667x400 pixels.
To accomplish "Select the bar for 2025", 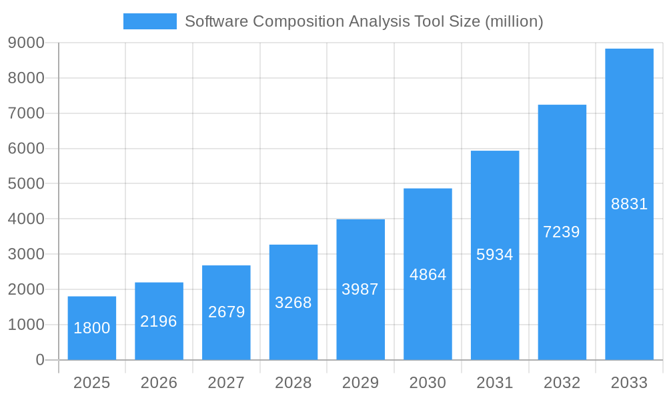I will [92, 328].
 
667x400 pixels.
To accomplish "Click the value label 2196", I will [159, 321].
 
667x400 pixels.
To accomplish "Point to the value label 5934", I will [495, 255].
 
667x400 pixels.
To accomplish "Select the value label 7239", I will [562, 232].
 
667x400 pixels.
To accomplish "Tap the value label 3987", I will [360, 289].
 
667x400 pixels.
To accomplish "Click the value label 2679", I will [227, 312].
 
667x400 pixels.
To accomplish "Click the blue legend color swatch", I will [150, 21].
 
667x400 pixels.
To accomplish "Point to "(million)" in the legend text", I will [514, 22].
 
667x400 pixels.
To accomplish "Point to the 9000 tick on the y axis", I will [26, 43].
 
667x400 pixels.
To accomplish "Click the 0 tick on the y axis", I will [40, 360].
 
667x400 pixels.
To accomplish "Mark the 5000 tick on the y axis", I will [26, 183].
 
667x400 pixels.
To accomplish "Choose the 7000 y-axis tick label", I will [26, 113].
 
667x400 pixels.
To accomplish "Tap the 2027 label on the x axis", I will [226, 383].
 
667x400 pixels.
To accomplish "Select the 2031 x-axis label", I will [495, 383].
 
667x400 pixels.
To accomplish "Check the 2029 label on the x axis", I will [360, 383].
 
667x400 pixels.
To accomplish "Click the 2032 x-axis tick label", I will [562, 383].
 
